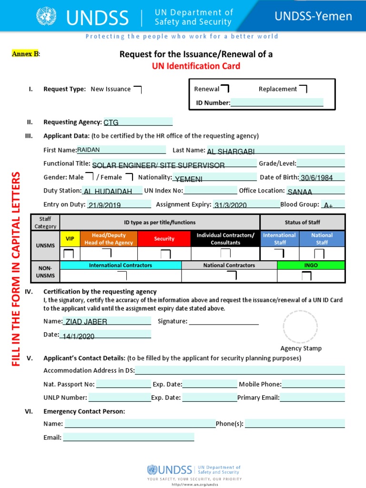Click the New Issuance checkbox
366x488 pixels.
[137, 89]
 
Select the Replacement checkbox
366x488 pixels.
[303, 89]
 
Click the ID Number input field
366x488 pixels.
[277, 102]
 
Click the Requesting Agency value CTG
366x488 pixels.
[111, 122]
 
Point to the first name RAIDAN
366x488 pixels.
[89, 150]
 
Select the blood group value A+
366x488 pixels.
[328, 205]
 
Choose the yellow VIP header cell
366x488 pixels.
[70, 239]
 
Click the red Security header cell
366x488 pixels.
[164, 239]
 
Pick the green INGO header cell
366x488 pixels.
[310, 265]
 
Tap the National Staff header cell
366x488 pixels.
[322, 239]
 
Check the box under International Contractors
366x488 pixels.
[122, 276]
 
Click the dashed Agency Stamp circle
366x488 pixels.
[300, 326]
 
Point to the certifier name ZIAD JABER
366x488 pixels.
[86, 322]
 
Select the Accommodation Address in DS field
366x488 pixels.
[240, 370]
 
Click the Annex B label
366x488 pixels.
[25, 54]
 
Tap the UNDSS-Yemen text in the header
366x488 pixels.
[313, 17]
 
